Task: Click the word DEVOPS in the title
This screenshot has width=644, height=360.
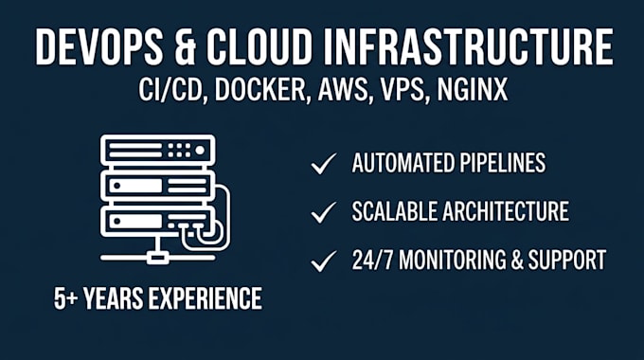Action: tap(99, 46)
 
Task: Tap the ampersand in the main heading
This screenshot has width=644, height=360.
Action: tap(185, 46)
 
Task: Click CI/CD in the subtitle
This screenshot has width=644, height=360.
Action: tap(171, 89)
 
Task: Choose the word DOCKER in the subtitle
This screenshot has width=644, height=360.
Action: tap(260, 89)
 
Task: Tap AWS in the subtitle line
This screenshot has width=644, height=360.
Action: tap(344, 89)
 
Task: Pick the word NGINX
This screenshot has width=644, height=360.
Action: tap(473, 89)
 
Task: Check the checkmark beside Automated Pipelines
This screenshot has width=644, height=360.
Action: tap(324, 163)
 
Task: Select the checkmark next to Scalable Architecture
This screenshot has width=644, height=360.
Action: tap(324, 212)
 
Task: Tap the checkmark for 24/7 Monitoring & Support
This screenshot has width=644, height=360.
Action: tap(324, 261)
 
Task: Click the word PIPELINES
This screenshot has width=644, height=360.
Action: tap(503, 163)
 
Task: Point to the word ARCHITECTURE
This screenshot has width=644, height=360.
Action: tap(506, 211)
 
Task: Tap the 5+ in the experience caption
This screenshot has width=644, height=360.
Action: tap(65, 298)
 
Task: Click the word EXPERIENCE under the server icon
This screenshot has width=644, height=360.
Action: tap(205, 298)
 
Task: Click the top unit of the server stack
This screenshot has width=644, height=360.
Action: tap(158, 150)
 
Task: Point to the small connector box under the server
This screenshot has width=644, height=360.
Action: tap(157, 259)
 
